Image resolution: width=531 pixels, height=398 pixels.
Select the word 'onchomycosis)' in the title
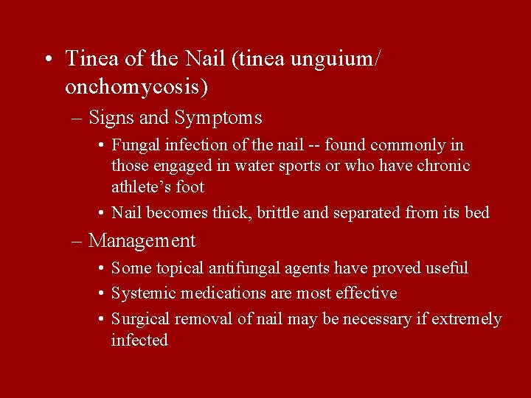tap(136, 87)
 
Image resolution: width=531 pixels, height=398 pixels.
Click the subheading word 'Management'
tap(142, 241)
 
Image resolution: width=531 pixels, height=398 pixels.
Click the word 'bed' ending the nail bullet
tap(477, 214)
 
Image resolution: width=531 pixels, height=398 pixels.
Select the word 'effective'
tap(366, 293)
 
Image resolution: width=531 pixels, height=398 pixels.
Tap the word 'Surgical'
tap(140, 319)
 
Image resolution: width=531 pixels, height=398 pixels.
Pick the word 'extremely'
tap(466, 319)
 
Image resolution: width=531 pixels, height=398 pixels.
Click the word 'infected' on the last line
tap(139, 341)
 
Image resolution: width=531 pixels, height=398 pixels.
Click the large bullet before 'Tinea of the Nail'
tap(46, 60)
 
